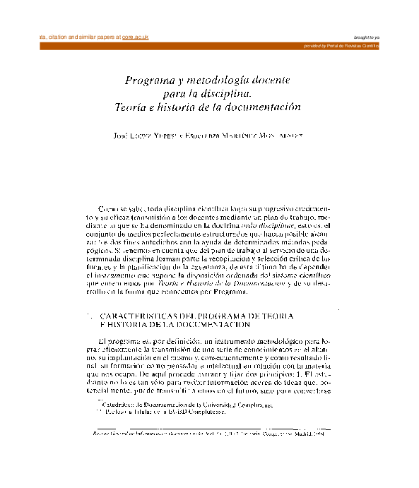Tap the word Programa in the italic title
click(x=148, y=81)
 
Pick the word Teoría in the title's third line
click(x=132, y=107)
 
